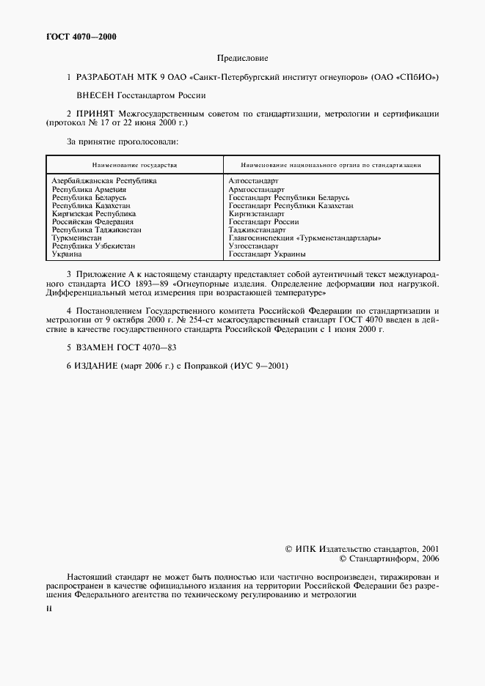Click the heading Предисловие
click(x=242, y=57)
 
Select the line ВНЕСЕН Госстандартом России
click(x=141, y=95)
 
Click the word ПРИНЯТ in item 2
click(x=95, y=114)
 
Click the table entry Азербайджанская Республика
click(x=104, y=180)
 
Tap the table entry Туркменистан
click(x=77, y=237)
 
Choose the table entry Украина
click(x=67, y=254)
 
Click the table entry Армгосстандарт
click(x=256, y=189)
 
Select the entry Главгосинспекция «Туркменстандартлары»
click(x=305, y=237)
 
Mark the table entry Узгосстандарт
click(x=253, y=246)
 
